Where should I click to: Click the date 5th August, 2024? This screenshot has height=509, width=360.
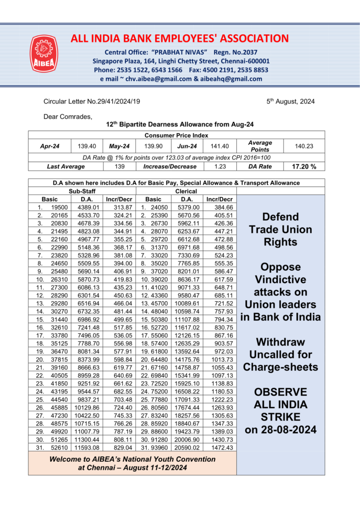point(290,101)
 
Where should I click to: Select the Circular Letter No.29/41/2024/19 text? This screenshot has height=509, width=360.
point(92,101)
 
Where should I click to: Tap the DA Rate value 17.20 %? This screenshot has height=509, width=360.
point(304,167)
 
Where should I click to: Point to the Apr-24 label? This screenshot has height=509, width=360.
point(50,146)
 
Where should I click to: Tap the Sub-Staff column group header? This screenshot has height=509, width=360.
point(82,191)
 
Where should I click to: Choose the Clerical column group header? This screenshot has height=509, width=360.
point(186,191)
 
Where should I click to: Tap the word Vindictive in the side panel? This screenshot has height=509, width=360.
point(280,279)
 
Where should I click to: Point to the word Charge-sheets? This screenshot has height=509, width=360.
point(280,367)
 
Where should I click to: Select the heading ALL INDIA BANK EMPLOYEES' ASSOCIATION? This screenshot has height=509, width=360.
point(180,38)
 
